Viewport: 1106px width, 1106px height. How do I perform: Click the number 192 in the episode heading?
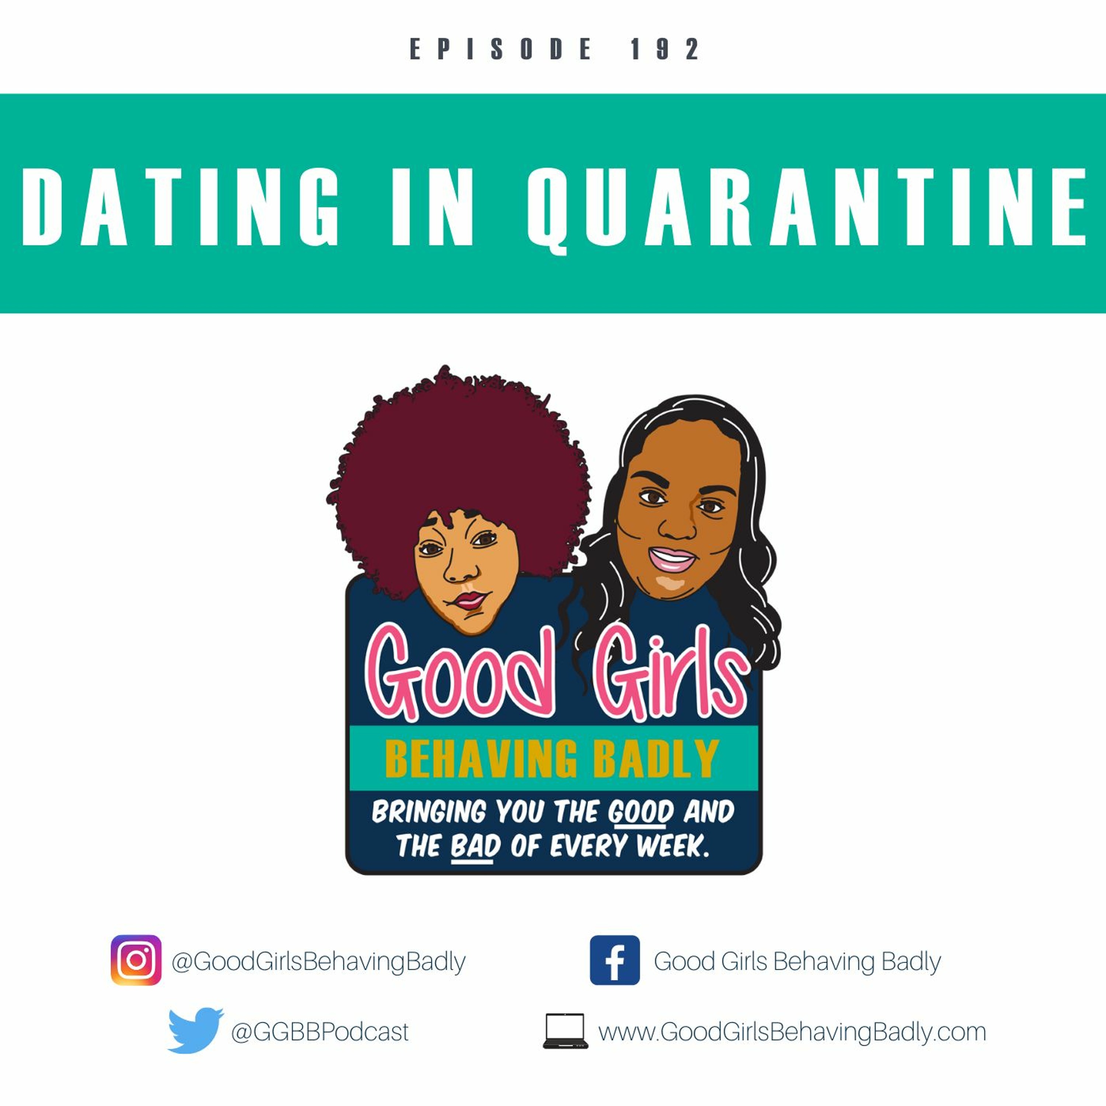665,49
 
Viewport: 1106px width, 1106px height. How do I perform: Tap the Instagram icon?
136,960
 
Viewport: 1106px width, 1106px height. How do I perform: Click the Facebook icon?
615,960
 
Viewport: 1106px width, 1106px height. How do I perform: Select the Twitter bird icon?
195,1031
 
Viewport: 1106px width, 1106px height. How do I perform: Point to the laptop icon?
565,1031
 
